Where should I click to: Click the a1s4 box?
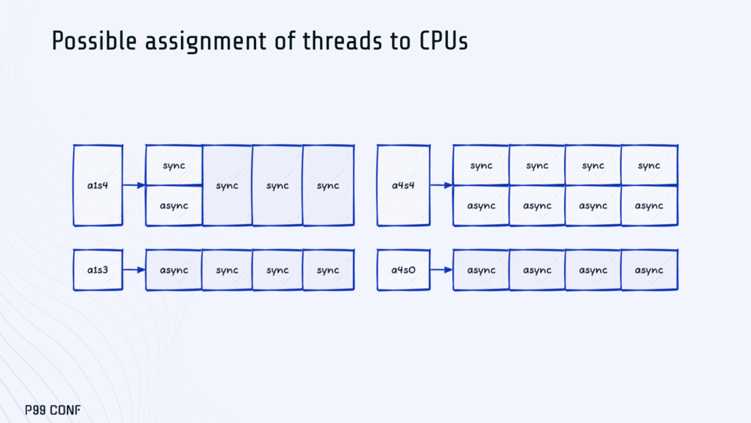(98, 185)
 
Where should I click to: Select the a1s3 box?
(98, 270)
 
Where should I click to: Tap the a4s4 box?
(403, 185)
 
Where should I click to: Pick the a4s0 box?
(403, 270)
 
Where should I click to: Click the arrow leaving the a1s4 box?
(134, 185)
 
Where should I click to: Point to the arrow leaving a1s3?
(134, 270)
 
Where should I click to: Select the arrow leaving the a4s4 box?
(441, 185)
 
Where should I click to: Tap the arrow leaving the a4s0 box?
(441, 270)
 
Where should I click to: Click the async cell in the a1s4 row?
(174, 206)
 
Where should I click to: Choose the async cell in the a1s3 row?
(174, 270)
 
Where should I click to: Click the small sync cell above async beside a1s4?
(174, 165)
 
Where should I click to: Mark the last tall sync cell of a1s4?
(328, 185)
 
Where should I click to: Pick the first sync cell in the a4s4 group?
(481, 165)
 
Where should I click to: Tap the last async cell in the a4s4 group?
(649, 206)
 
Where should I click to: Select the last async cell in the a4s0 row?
(649, 270)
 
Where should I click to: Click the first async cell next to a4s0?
(481, 270)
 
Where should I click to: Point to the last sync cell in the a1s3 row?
(328, 270)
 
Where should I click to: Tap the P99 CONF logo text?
(53, 411)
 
